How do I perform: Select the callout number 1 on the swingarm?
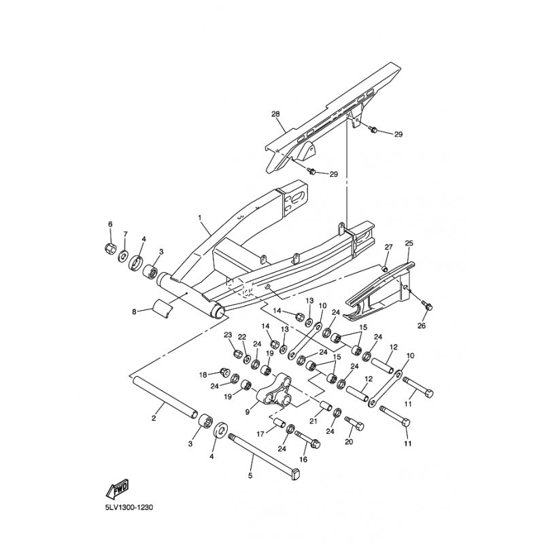click(x=200, y=218)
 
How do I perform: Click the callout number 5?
click(x=251, y=475)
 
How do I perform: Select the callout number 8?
click(x=134, y=312)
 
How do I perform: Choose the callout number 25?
click(x=409, y=243)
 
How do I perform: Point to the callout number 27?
click(x=388, y=246)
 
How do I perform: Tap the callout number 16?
click(x=303, y=460)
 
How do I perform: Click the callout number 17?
click(x=259, y=433)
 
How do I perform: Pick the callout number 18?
click(x=203, y=375)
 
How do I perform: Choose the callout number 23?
click(x=228, y=335)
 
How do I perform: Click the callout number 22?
click(x=241, y=337)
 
